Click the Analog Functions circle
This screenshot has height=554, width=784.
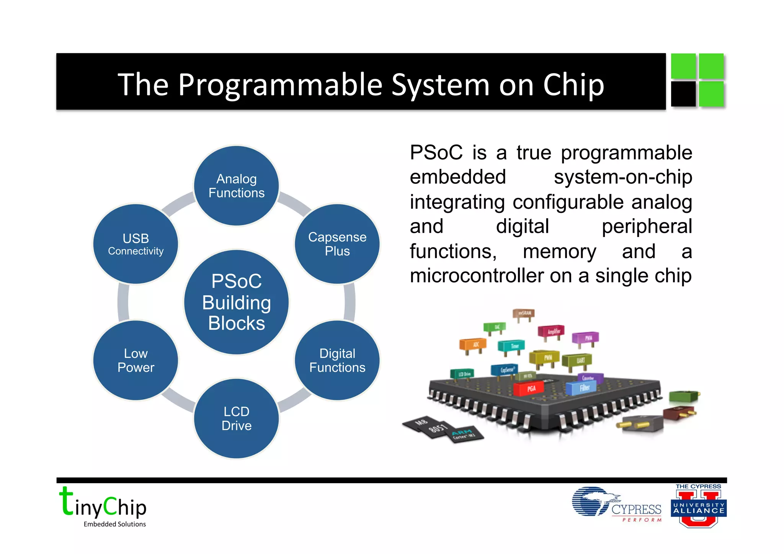click(237, 186)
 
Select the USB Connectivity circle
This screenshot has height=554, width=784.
click(136, 244)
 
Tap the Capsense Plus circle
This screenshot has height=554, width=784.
click(337, 244)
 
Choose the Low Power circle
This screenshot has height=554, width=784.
click(136, 360)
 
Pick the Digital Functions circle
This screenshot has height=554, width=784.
click(337, 360)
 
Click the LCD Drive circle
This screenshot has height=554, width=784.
click(237, 418)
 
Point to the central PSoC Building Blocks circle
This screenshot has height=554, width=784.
click(237, 302)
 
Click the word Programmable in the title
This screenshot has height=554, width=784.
click(280, 85)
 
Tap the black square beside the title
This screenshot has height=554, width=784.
click(683, 94)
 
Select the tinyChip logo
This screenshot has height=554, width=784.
click(103, 507)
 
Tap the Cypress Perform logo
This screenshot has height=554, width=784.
click(617, 504)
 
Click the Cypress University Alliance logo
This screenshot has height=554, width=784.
click(699, 506)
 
